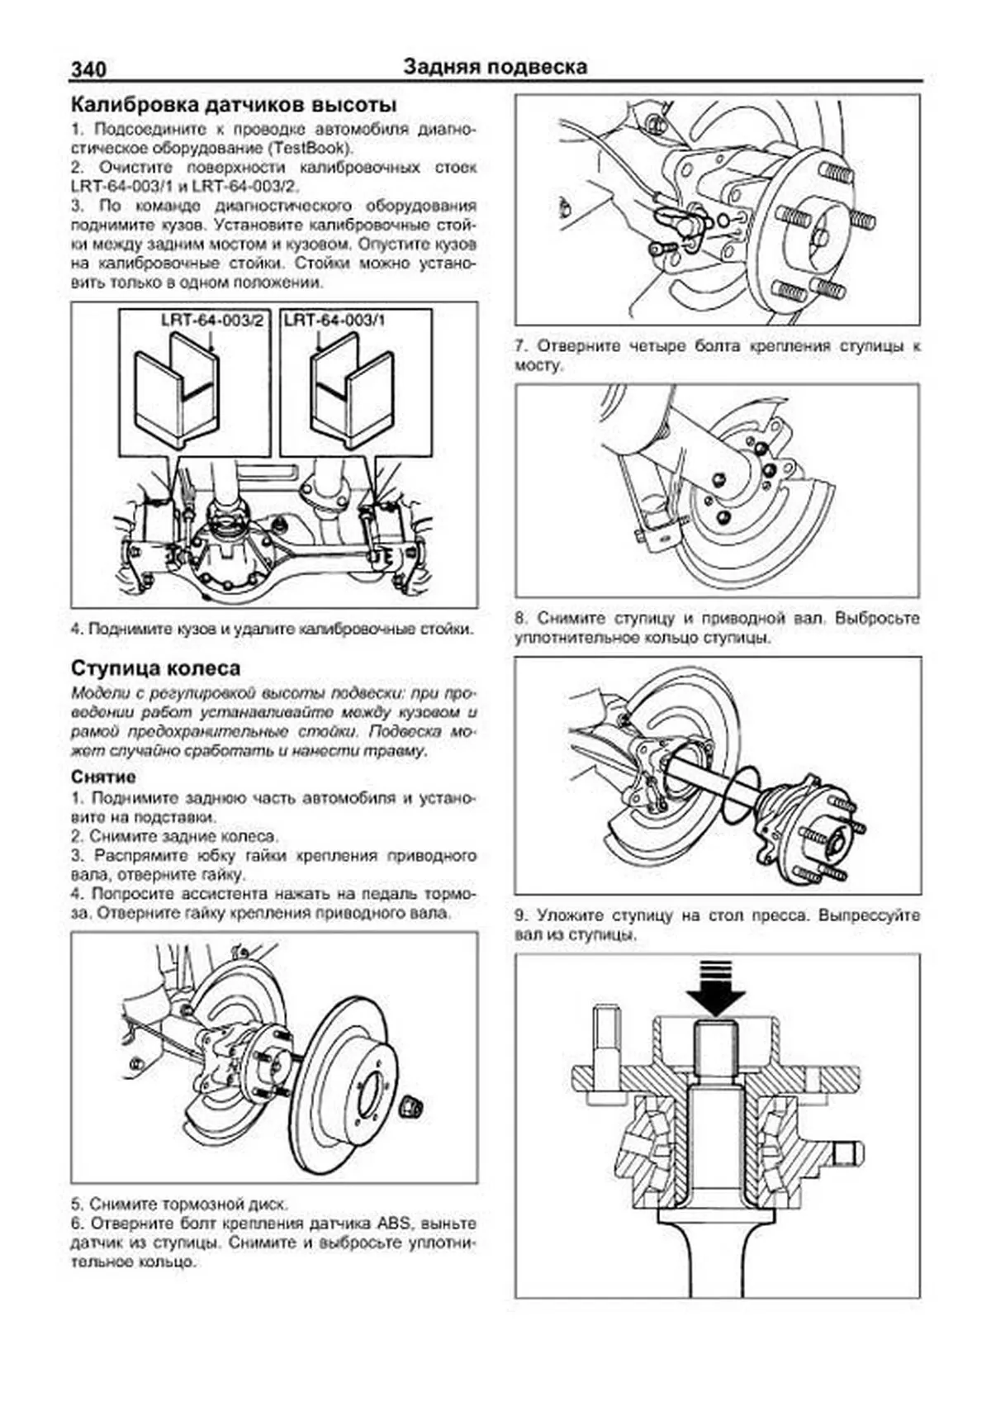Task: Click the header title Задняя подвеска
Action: [495, 67]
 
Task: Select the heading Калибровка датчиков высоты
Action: [234, 105]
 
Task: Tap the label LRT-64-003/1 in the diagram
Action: [334, 321]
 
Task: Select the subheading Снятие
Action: [103, 777]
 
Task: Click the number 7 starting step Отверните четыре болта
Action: [520, 346]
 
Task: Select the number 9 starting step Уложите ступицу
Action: [520, 916]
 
